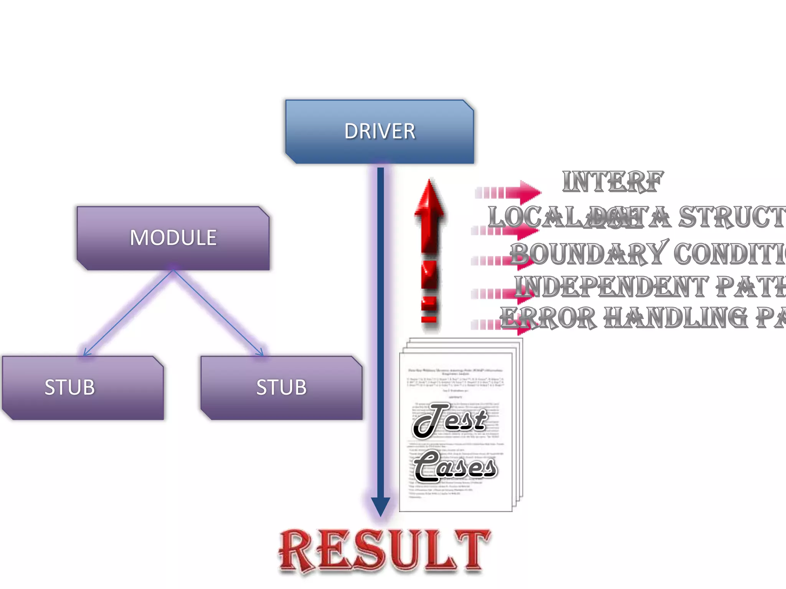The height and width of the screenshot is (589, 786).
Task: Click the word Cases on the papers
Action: [455, 467]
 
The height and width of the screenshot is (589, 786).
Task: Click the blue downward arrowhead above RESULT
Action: [380, 506]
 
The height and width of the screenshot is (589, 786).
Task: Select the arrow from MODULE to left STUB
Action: [129, 313]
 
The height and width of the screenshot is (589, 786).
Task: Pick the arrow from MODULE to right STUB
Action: [218, 313]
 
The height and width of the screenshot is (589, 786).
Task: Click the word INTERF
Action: [613, 182]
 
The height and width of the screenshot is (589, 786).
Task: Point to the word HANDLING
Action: [675, 318]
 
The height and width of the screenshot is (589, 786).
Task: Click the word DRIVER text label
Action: [380, 132]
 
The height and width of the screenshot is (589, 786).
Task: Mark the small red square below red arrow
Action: [429, 319]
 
